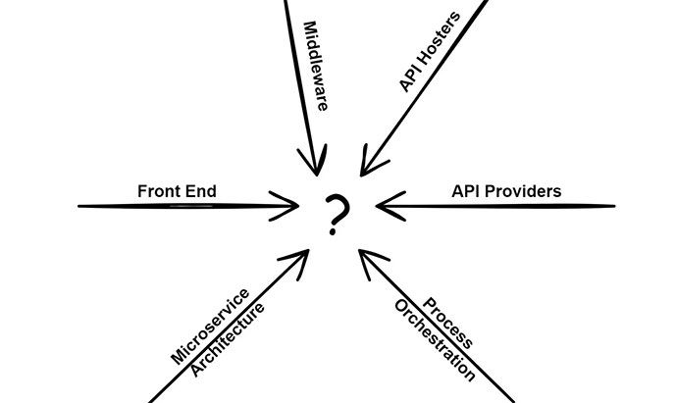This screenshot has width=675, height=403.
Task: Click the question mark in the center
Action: click(x=337, y=213)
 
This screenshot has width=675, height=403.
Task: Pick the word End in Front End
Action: click(x=202, y=190)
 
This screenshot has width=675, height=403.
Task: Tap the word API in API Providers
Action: click(x=464, y=190)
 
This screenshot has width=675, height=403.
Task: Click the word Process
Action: click(x=449, y=325)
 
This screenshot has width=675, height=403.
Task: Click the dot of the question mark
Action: click(x=336, y=232)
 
